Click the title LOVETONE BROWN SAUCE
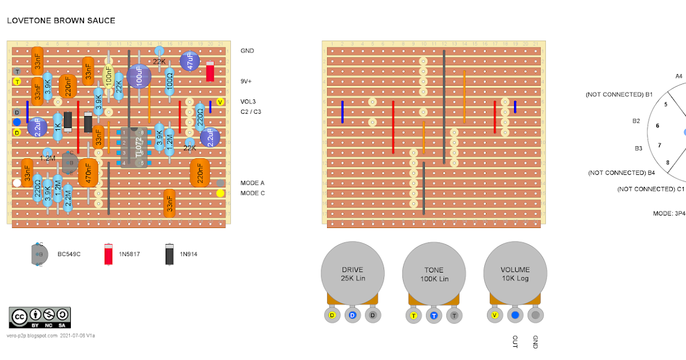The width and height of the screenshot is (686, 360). tap(61, 21)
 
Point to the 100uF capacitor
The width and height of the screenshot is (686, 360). tap(139, 76)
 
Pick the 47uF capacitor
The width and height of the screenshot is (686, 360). tap(190, 61)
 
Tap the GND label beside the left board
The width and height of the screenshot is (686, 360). tap(248, 51)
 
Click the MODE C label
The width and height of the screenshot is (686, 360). tap(253, 193)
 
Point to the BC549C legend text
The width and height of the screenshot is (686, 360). tap(69, 254)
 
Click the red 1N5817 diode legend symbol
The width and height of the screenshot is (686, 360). tap(107, 254)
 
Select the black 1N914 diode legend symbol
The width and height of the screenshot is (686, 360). tap(170, 254)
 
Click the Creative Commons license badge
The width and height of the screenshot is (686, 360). tap(39, 317)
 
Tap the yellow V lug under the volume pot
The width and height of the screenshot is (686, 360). tap(495, 315)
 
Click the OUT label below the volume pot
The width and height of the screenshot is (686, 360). tap(515, 341)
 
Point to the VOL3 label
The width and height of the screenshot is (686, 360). tap(249, 102)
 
